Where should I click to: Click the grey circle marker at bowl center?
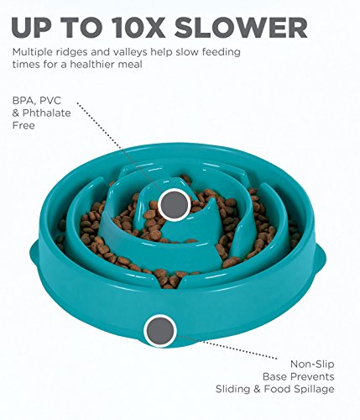174,203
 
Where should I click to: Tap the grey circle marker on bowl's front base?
160,330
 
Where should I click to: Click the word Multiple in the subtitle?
34,52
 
